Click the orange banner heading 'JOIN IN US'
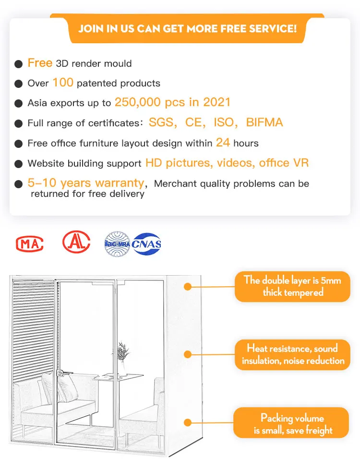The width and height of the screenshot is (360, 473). pyautogui.click(x=187, y=28)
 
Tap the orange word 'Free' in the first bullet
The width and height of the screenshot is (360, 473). pyautogui.click(x=40, y=63)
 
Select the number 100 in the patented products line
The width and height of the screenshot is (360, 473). pyautogui.click(x=63, y=83)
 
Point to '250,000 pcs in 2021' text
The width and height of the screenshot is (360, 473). pyautogui.click(x=172, y=102)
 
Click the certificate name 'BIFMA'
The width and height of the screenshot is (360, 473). pyautogui.click(x=264, y=122)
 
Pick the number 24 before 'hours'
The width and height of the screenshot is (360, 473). pyautogui.click(x=223, y=143)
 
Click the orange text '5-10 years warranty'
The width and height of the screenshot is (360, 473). pyautogui.click(x=86, y=183)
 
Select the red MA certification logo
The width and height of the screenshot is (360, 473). pyautogui.click(x=30, y=243)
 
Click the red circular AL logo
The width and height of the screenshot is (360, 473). pyautogui.click(x=76, y=242)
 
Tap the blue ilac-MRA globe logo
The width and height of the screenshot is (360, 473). pyautogui.click(x=117, y=243)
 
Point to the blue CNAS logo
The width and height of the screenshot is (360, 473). pyautogui.click(x=147, y=244)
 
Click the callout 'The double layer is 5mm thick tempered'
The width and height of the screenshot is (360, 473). pyautogui.click(x=292, y=286)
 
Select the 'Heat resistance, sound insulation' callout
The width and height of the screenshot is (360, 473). pyautogui.click(x=292, y=354)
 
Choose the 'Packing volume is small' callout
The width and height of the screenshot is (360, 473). pyautogui.click(x=292, y=424)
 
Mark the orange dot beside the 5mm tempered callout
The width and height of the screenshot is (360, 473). pyautogui.click(x=188, y=287)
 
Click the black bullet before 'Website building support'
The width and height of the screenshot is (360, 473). pyautogui.click(x=19, y=164)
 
